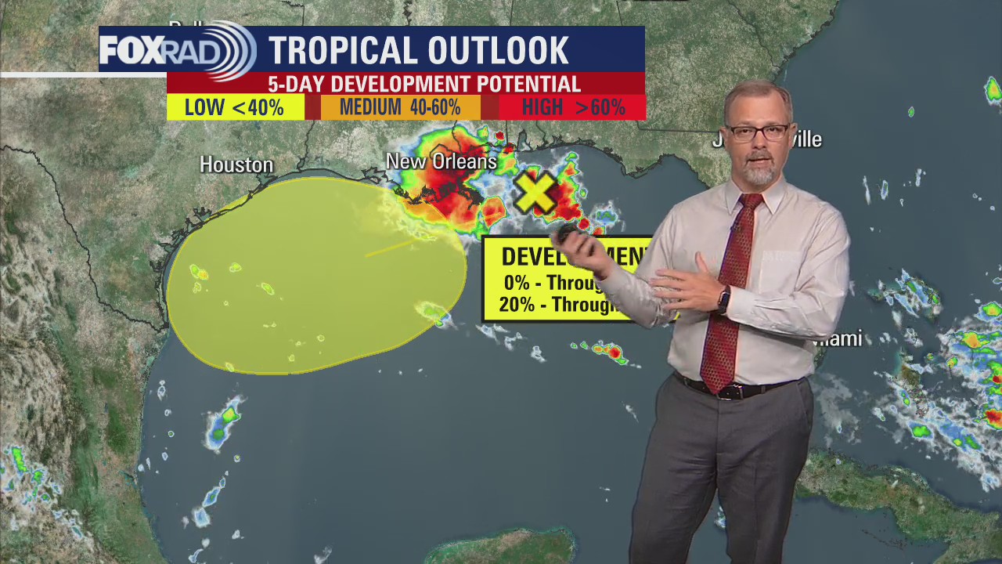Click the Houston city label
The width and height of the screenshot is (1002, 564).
click(236, 164)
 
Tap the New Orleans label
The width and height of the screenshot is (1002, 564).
click(442, 161)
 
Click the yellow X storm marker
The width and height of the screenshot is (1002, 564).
click(536, 193)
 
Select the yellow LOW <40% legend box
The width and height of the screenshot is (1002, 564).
click(235, 107)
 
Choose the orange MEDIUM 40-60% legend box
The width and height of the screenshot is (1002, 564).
click(400, 107)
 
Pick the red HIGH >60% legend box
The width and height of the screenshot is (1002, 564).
click(573, 107)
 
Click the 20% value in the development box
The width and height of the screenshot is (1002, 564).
click(517, 305)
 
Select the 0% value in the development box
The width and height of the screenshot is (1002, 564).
click(517, 283)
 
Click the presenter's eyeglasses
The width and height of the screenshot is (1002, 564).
click(758, 132)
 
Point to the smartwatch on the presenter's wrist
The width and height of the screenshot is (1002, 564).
click(724, 299)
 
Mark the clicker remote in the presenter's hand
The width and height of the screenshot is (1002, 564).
click(565, 233)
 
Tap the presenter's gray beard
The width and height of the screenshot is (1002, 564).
click(759, 173)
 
